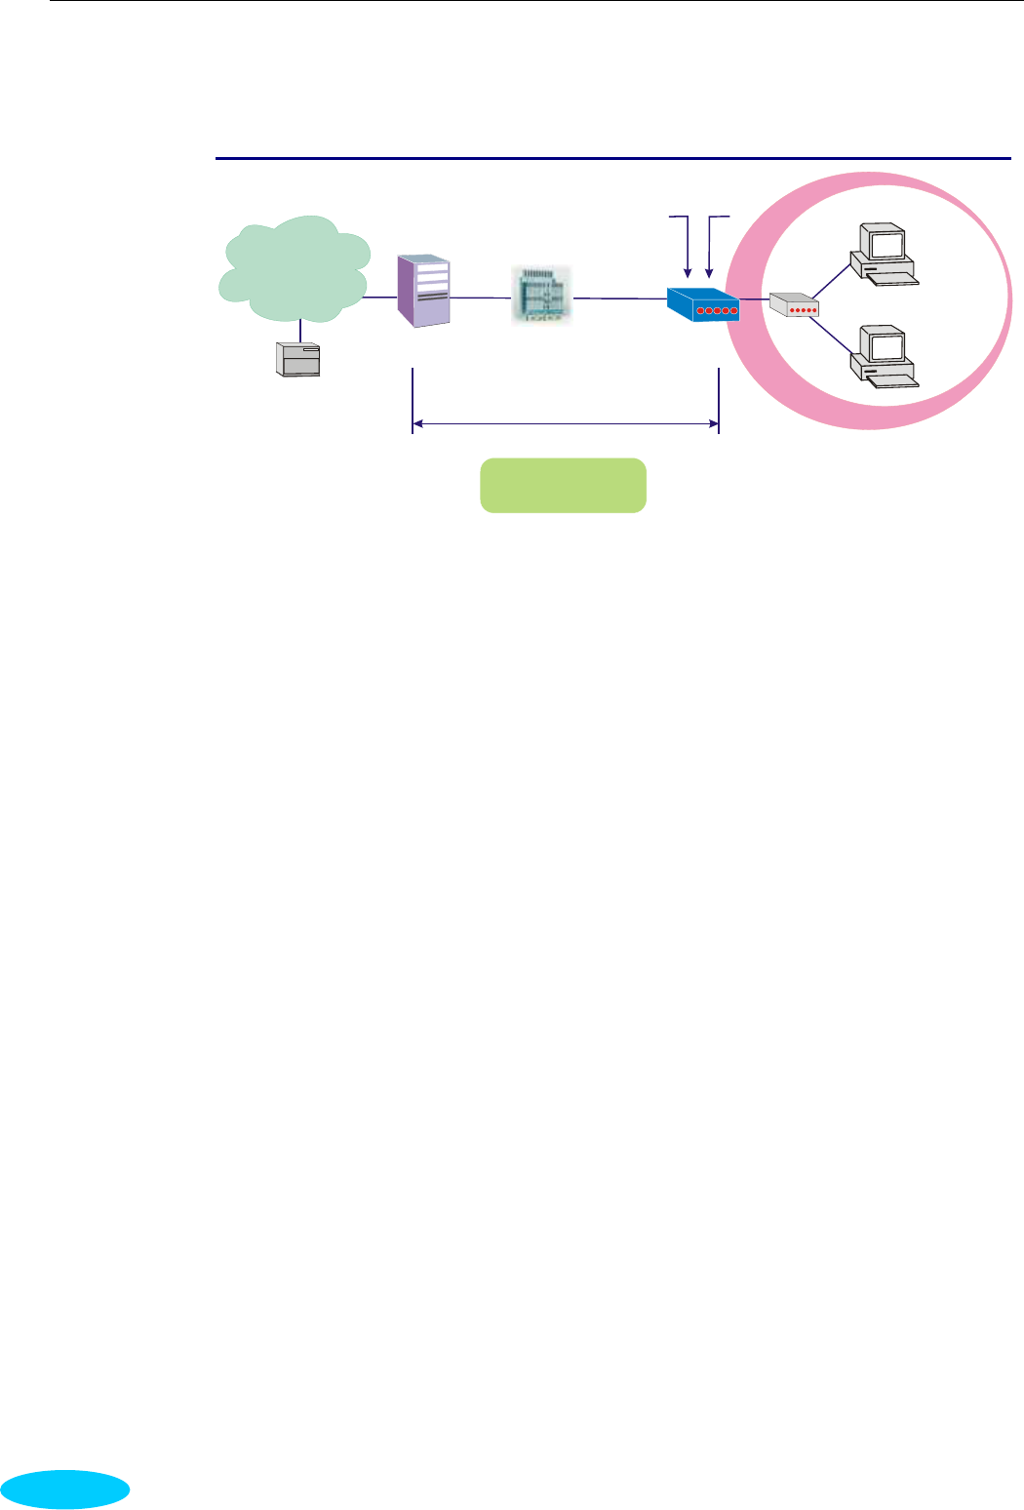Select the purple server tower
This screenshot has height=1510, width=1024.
tap(424, 291)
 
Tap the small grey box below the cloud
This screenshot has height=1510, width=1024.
tap(298, 360)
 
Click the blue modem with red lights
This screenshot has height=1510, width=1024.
tap(703, 304)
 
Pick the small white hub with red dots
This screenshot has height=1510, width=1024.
tap(794, 305)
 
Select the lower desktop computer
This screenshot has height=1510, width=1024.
tap(883, 356)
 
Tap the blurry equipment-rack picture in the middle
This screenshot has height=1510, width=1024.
tap(541, 294)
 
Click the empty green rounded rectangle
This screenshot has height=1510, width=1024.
tap(563, 485)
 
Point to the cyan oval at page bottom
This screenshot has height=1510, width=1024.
tap(65, 1490)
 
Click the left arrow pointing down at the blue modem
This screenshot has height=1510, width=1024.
tap(689, 244)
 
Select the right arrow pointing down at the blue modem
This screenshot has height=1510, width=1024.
tap(710, 244)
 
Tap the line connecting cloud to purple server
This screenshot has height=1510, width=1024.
tap(380, 298)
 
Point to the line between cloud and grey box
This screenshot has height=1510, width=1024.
tap(300, 331)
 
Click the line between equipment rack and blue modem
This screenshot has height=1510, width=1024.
tap(619, 298)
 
